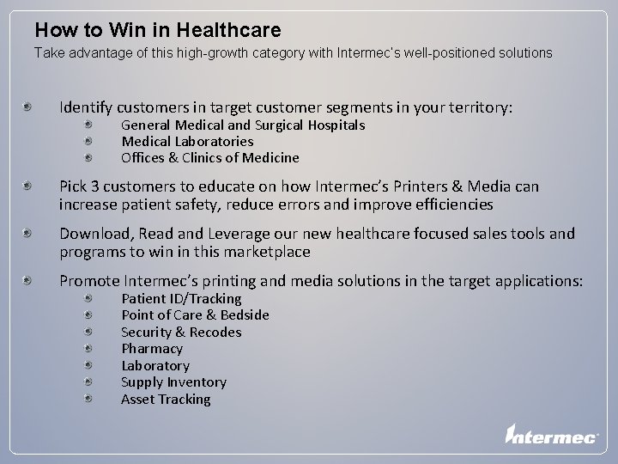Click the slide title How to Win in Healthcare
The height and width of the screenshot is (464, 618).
click(x=158, y=31)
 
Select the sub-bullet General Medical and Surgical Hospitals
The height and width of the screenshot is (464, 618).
click(x=243, y=125)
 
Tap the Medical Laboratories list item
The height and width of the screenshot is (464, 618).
click(x=187, y=142)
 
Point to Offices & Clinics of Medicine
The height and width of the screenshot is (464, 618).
click(x=210, y=158)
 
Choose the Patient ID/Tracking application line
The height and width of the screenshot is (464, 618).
click(x=181, y=299)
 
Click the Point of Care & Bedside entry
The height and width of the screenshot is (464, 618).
click(x=195, y=315)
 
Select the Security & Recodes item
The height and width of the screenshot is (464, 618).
click(x=181, y=333)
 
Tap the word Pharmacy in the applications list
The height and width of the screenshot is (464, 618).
click(x=152, y=349)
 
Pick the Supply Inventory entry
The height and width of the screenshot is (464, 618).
click(x=173, y=382)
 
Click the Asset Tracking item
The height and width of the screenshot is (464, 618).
click(x=166, y=400)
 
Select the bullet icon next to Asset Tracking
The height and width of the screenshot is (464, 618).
click(x=90, y=399)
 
